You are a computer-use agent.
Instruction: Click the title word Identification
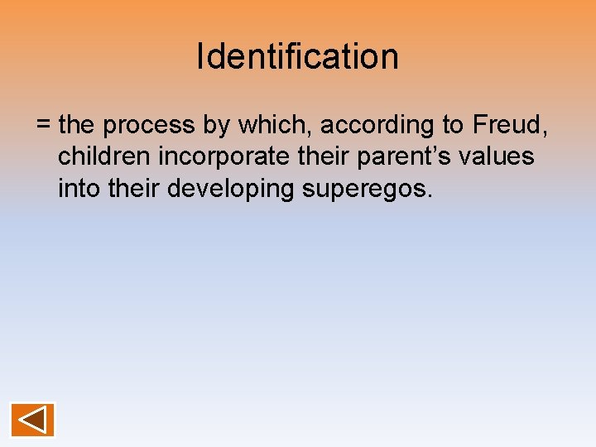pyautogui.click(x=298, y=56)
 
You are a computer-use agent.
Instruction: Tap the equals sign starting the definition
pyautogui.click(x=44, y=126)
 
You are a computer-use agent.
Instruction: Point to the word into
pyautogui.click(x=79, y=188)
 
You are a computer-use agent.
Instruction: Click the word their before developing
pyautogui.click(x=134, y=188)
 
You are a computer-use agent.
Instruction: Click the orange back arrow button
pyautogui.click(x=33, y=420)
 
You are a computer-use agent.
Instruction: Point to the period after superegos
pyautogui.click(x=429, y=196)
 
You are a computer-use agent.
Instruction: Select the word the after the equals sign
pyautogui.click(x=77, y=125)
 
